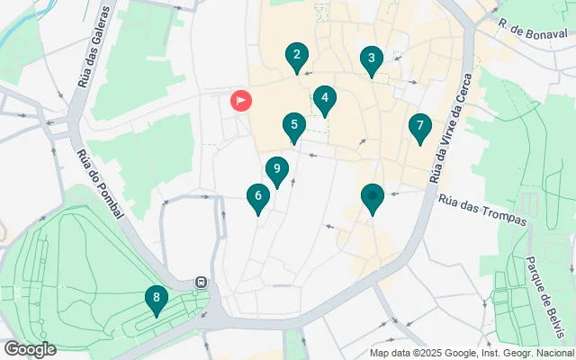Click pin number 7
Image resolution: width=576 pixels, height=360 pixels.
pos(419,128)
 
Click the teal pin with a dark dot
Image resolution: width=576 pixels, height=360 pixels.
pos(373,197)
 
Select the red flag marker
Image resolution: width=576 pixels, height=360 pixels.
pos(241,101)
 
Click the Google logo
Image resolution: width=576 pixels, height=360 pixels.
pos(30,349)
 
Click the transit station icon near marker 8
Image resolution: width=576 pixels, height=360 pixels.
pos(201,282)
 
